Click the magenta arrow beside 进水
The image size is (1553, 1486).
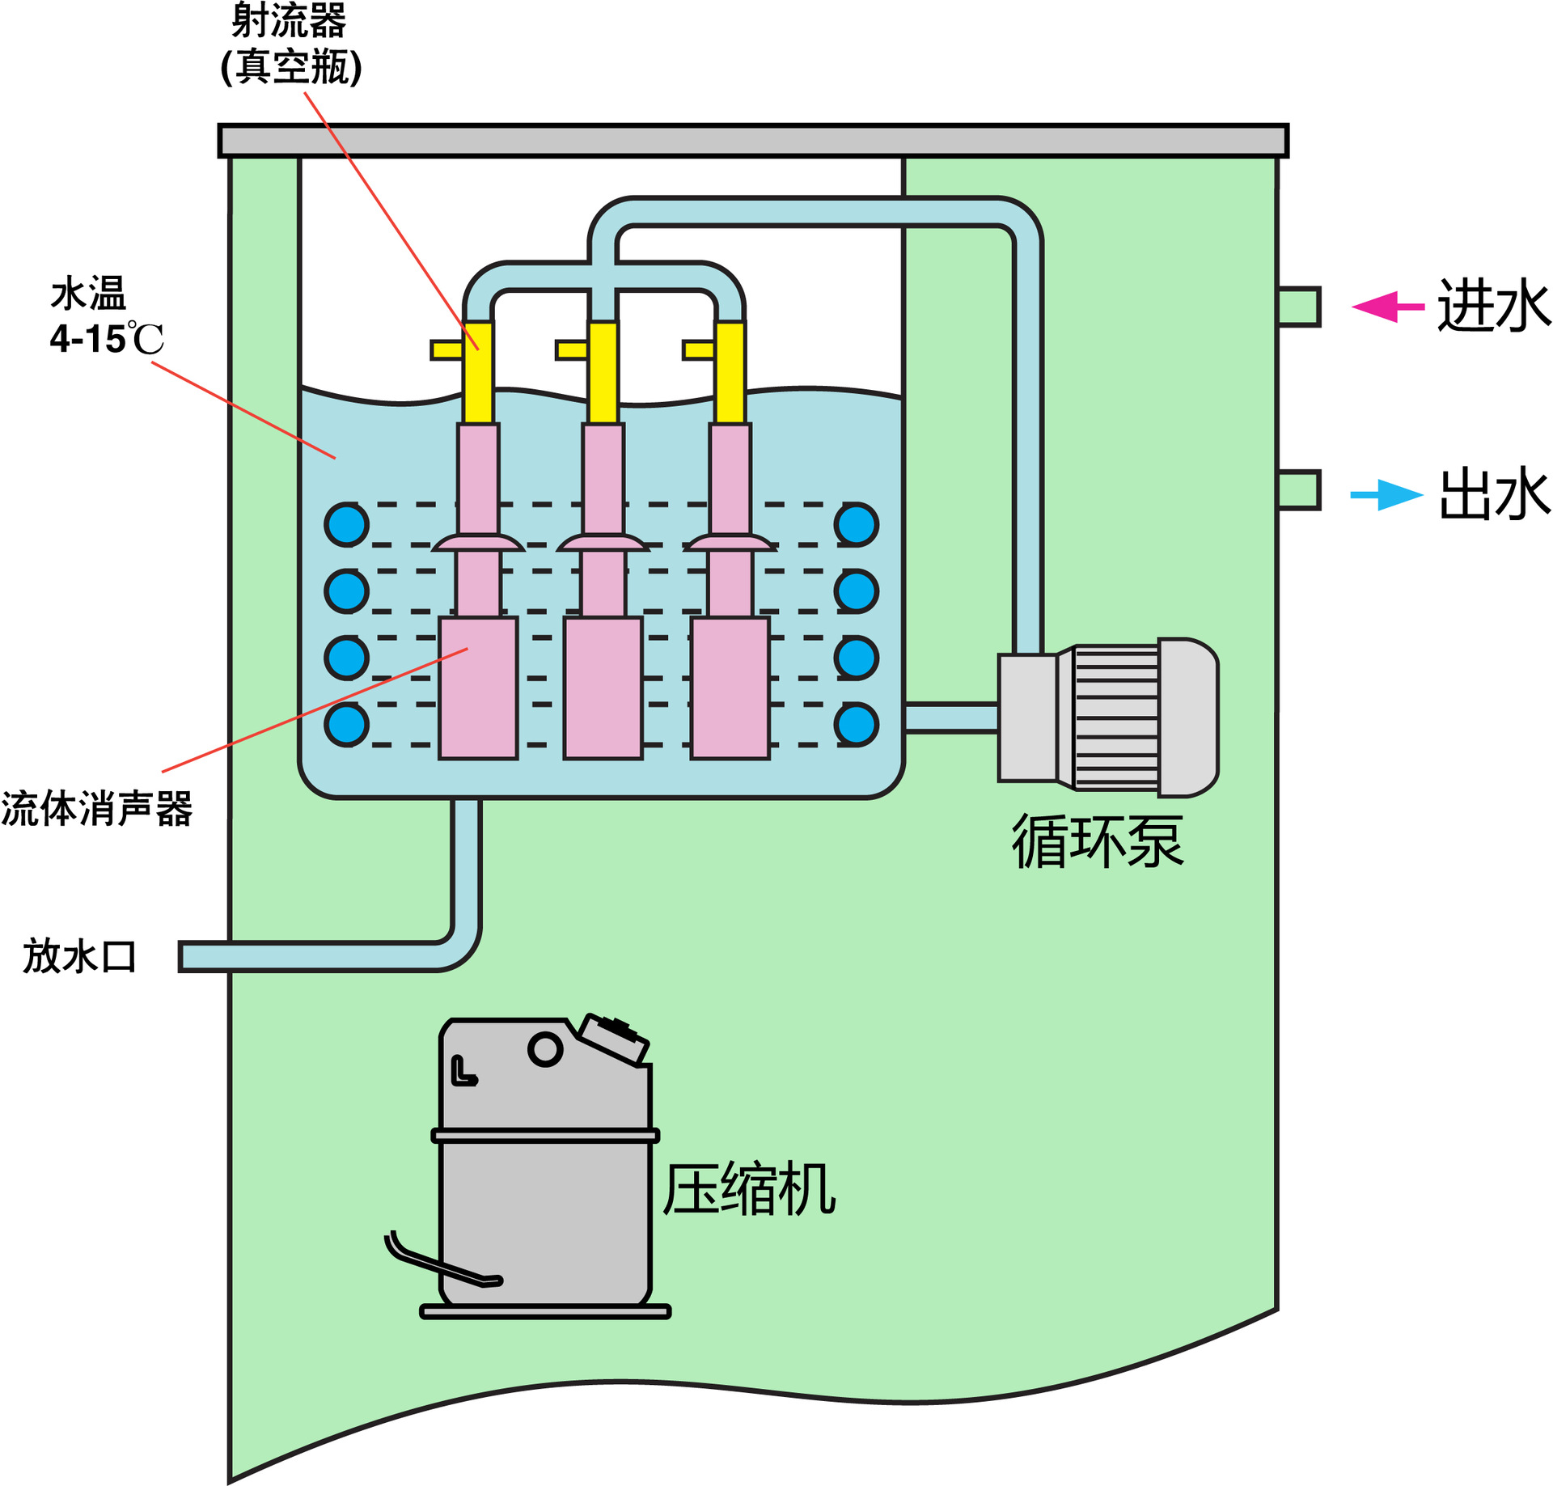[x=1386, y=307]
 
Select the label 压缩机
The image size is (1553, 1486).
[x=748, y=1189]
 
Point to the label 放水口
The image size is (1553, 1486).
[x=79, y=956]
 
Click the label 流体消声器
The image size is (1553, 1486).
[x=97, y=808]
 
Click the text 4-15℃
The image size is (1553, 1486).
[x=106, y=339]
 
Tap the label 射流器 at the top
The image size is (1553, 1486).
[x=289, y=21]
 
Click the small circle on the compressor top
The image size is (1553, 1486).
[x=545, y=1049]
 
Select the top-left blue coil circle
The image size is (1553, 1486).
[x=347, y=524]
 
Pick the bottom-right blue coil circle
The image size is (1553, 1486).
[x=857, y=724]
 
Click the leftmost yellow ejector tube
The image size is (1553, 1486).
[x=478, y=372]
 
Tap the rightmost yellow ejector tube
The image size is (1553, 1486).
[x=730, y=372]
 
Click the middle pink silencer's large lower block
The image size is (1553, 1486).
[x=603, y=688]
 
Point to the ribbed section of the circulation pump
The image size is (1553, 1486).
[x=1116, y=718]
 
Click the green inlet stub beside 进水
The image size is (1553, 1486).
[x=1298, y=307]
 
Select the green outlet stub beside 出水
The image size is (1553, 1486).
[x=1298, y=490]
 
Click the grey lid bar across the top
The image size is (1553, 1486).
[x=752, y=141]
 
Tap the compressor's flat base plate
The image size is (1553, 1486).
[x=545, y=1311]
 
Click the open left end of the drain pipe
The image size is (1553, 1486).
[x=184, y=956]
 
